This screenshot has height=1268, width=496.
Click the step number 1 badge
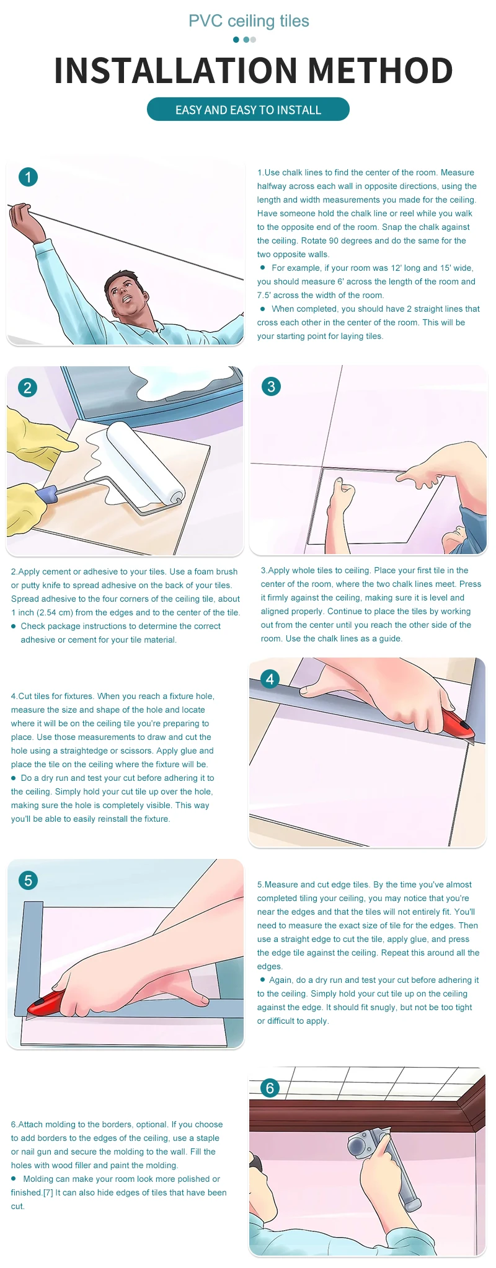click(28, 177)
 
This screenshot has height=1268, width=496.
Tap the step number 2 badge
click(27, 388)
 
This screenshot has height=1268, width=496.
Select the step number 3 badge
click(271, 387)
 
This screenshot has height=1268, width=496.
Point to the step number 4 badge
click(270, 679)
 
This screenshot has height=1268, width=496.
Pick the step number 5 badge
click(28, 880)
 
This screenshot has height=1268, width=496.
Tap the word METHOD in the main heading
click(381, 71)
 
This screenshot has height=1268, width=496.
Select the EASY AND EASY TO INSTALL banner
click(248, 110)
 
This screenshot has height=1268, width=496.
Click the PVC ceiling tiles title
click(249, 21)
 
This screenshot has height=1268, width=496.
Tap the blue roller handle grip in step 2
click(46, 495)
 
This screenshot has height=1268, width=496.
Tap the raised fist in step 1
click(22, 216)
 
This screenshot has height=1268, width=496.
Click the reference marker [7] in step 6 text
click(48, 1192)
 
